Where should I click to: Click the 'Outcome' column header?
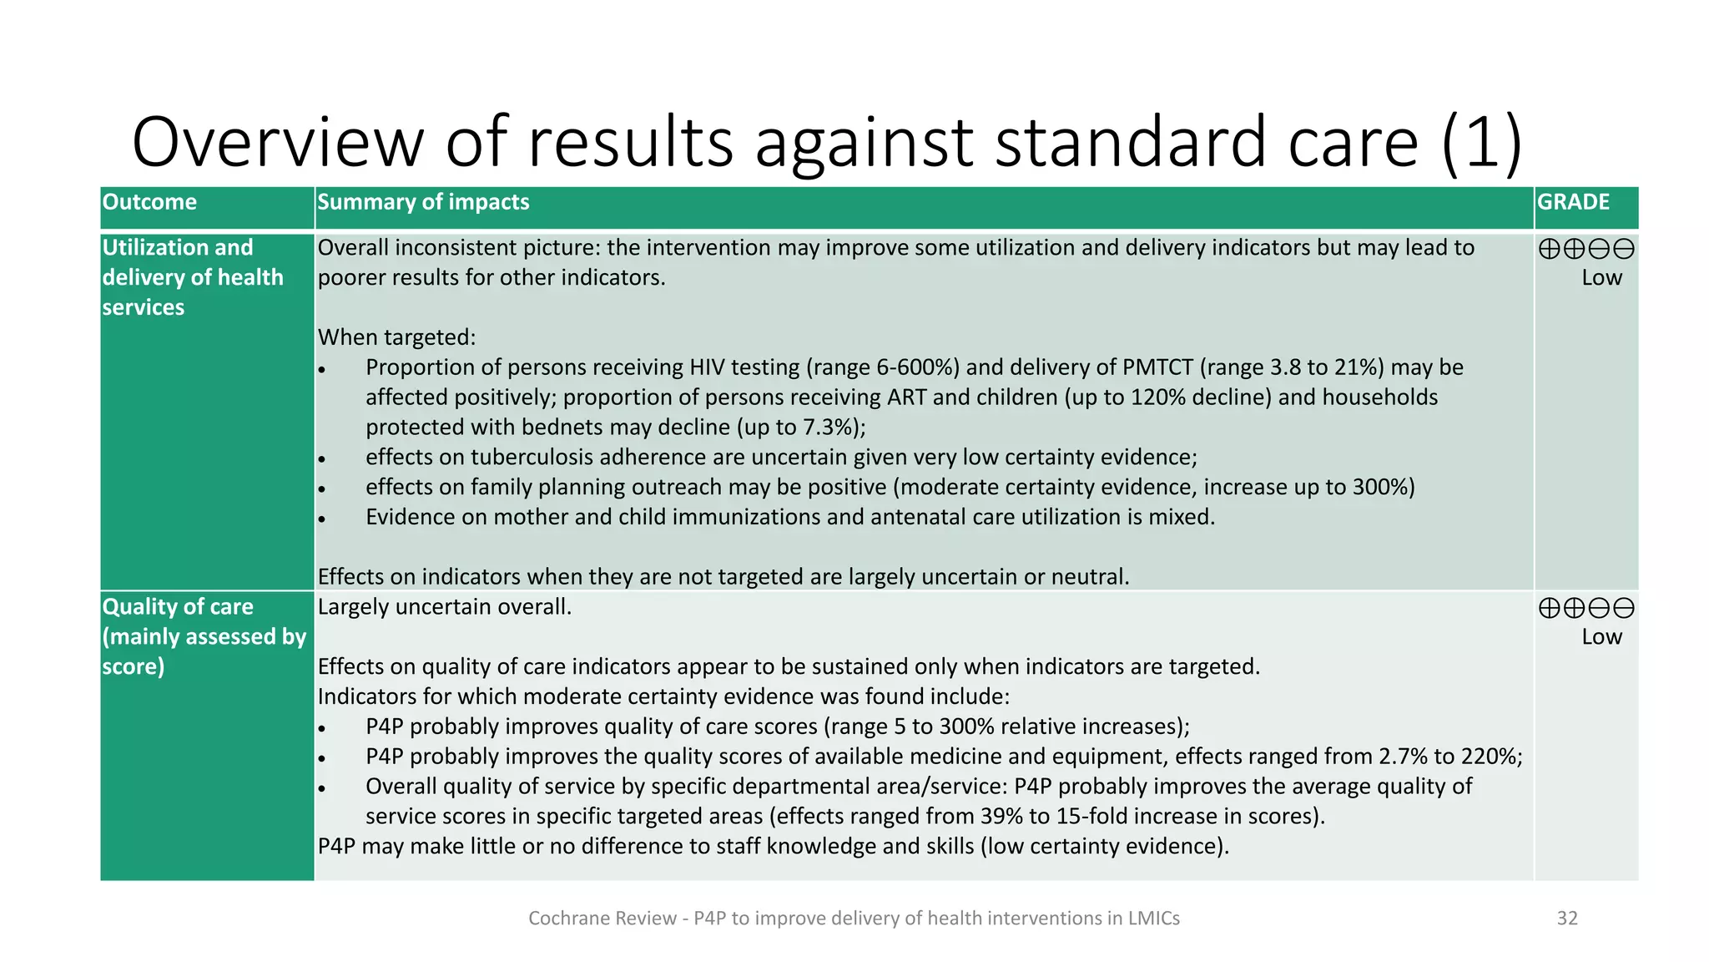click(149, 202)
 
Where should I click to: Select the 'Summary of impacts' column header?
click(423, 202)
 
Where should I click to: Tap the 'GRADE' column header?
click(1573, 202)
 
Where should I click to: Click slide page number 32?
click(1567, 919)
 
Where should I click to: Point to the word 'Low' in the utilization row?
click(1601, 278)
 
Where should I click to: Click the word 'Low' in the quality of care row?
click(1601, 637)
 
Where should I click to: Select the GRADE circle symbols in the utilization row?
click(1585, 249)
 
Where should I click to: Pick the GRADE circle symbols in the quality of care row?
click(1585, 608)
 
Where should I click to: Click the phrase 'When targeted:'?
click(396, 337)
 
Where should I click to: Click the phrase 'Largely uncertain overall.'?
click(444, 607)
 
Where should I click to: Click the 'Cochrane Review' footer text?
click(602, 919)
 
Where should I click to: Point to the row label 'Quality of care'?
click(177, 607)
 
